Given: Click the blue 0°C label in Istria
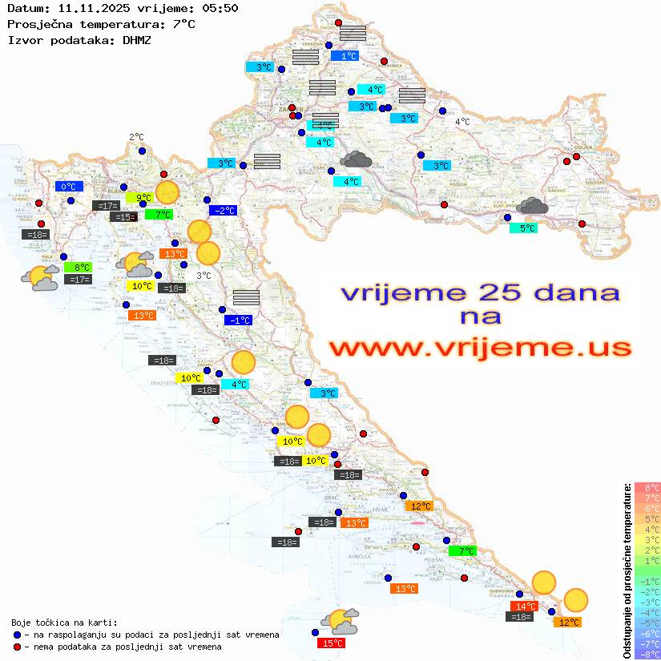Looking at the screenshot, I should pos(69,187).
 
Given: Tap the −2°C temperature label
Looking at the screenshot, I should pos(223,211).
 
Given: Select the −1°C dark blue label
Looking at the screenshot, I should pos(239,320).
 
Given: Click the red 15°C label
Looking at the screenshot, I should pos(333,643).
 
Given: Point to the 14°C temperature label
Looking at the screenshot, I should pos(525,607).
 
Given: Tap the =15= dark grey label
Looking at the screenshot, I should pos(123,217).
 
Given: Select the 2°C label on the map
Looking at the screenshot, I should pos(136,137).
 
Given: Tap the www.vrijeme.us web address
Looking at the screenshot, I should pos(480,348).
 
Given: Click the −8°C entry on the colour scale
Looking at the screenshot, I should pos(647,654).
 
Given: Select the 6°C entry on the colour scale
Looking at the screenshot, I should pos(647,509).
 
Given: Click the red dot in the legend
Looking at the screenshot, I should pos(18,647).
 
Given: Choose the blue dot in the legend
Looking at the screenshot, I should pos(18,635).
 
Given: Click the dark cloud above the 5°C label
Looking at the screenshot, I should pos(532,207).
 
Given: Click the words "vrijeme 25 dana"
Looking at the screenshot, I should pos(480,292).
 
